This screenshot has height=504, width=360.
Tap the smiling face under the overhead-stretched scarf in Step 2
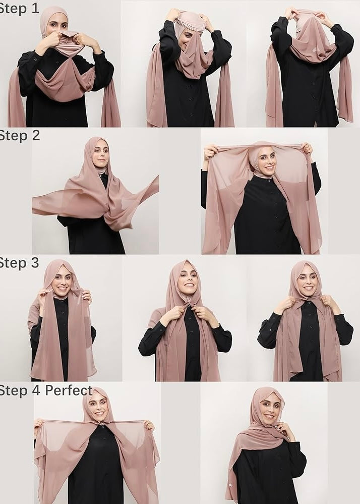point(266,162)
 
